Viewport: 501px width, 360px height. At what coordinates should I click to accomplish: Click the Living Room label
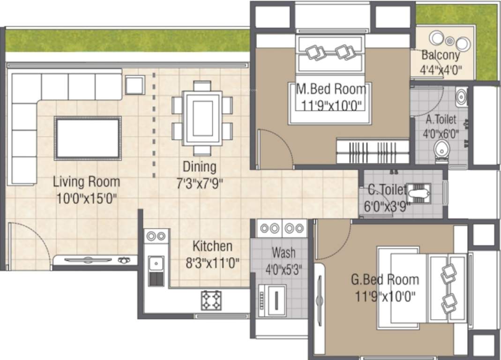point(86,181)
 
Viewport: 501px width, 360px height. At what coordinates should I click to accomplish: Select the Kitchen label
point(212,246)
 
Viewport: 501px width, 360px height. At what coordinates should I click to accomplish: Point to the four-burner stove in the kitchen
point(211,300)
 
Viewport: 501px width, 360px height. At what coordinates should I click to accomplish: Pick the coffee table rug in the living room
point(88,138)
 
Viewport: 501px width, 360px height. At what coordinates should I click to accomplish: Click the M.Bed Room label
point(331,89)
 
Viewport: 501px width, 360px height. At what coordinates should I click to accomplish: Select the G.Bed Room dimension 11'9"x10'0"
point(385,296)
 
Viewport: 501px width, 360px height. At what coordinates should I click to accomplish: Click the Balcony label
point(441,55)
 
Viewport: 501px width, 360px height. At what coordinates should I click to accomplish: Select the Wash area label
point(284,253)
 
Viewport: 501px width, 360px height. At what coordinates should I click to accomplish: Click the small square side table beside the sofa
point(135,85)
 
